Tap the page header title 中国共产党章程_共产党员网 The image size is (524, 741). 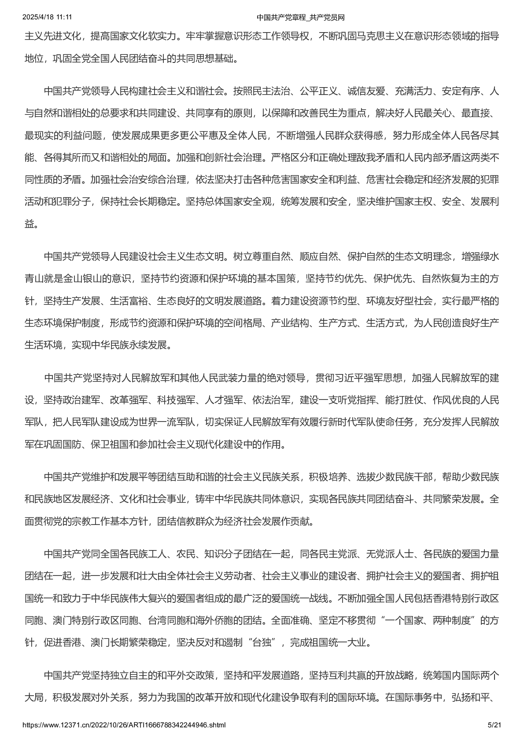pyautogui.click(x=301, y=17)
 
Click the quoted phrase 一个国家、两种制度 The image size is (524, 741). pyautogui.click(x=431, y=620)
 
